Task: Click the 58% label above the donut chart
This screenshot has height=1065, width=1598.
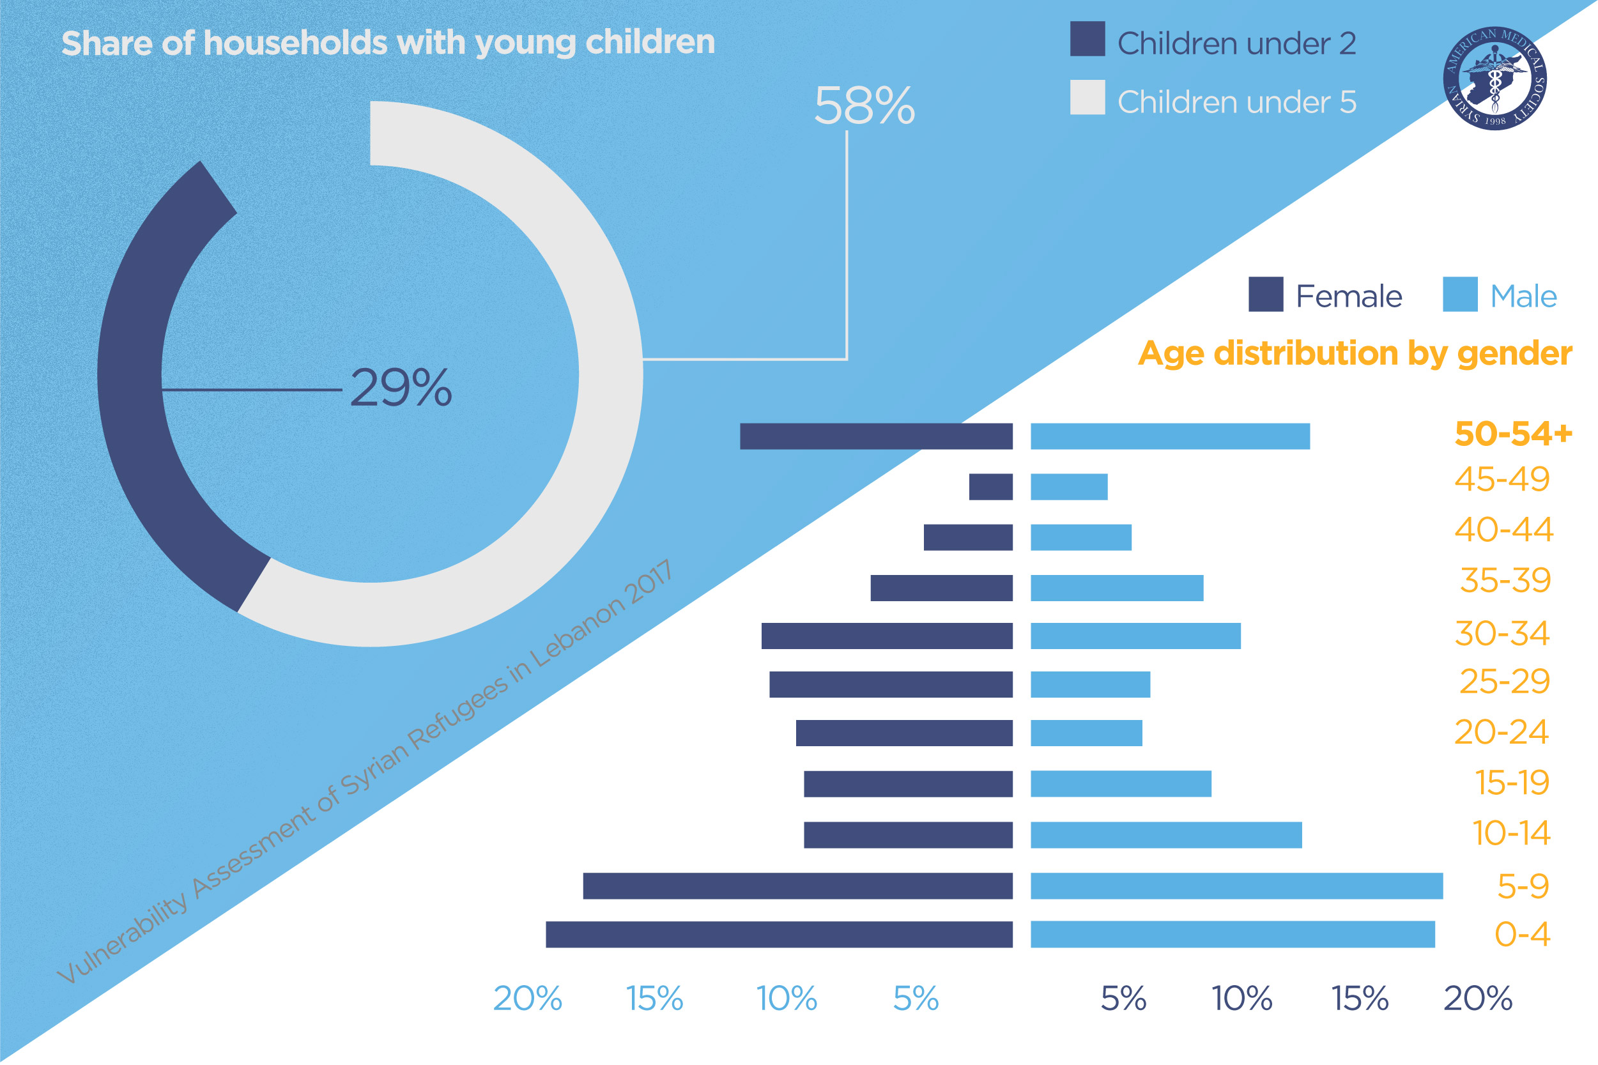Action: (x=864, y=107)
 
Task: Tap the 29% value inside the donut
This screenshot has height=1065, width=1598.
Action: (x=401, y=388)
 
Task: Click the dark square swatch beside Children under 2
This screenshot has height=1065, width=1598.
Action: (x=1087, y=40)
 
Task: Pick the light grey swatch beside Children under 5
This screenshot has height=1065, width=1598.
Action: (x=1087, y=98)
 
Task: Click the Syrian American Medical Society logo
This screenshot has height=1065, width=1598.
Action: (x=1494, y=78)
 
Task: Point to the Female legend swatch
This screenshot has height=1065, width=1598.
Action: (x=1265, y=295)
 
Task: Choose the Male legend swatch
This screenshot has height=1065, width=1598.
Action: (x=1459, y=295)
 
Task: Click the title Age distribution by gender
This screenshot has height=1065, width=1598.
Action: (x=1355, y=354)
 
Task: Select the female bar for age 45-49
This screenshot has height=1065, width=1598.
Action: (x=990, y=487)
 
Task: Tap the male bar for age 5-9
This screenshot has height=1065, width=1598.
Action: (x=1236, y=886)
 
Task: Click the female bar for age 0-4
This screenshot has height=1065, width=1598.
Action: (x=779, y=935)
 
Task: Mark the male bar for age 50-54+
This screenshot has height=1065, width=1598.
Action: (x=1169, y=437)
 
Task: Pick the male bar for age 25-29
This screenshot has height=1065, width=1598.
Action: (x=1090, y=685)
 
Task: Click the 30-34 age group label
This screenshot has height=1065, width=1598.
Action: (x=1502, y=634)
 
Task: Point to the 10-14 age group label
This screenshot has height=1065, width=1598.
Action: (x=1510, y=833)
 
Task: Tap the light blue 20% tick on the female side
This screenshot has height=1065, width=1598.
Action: (x=528, y=999)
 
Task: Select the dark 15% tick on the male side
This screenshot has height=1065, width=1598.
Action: (x=1360, y=999)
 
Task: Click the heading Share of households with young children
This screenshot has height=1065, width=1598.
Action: (x=388, y=43)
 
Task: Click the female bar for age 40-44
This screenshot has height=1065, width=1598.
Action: (x=968, y=537)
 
